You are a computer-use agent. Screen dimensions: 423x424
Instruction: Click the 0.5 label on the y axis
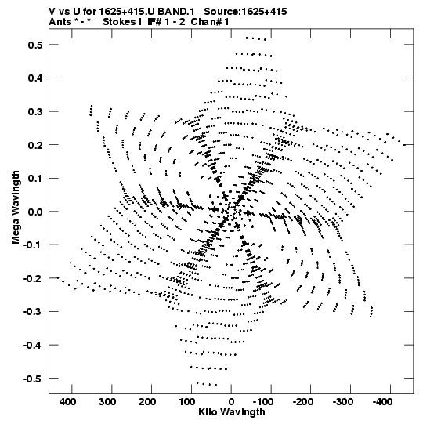click(35, 45)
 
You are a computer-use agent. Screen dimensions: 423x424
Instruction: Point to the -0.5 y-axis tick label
click(33, 379)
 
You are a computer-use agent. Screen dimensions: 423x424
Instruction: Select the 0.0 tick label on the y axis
click(35, 212)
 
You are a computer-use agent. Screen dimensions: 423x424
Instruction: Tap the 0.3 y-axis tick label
click(35, 111)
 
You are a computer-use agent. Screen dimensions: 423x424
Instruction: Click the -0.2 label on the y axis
click(33, 278)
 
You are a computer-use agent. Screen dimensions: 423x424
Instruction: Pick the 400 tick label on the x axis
click(68, 402)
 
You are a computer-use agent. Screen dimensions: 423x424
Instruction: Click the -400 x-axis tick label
click(382, 402)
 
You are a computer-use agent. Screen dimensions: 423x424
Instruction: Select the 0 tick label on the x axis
click(231, 402)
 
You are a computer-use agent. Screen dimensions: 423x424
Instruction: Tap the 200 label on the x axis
click(147, 402)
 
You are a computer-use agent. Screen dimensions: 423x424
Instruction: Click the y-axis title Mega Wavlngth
click(16, 208)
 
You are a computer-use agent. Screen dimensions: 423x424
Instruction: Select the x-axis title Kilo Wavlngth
click(232, 412)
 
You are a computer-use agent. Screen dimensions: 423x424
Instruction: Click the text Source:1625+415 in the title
click(245, 12)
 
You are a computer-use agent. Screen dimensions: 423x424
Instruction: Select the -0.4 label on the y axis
click(33, 345)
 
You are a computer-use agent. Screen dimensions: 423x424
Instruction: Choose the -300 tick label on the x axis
click(342, 402)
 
